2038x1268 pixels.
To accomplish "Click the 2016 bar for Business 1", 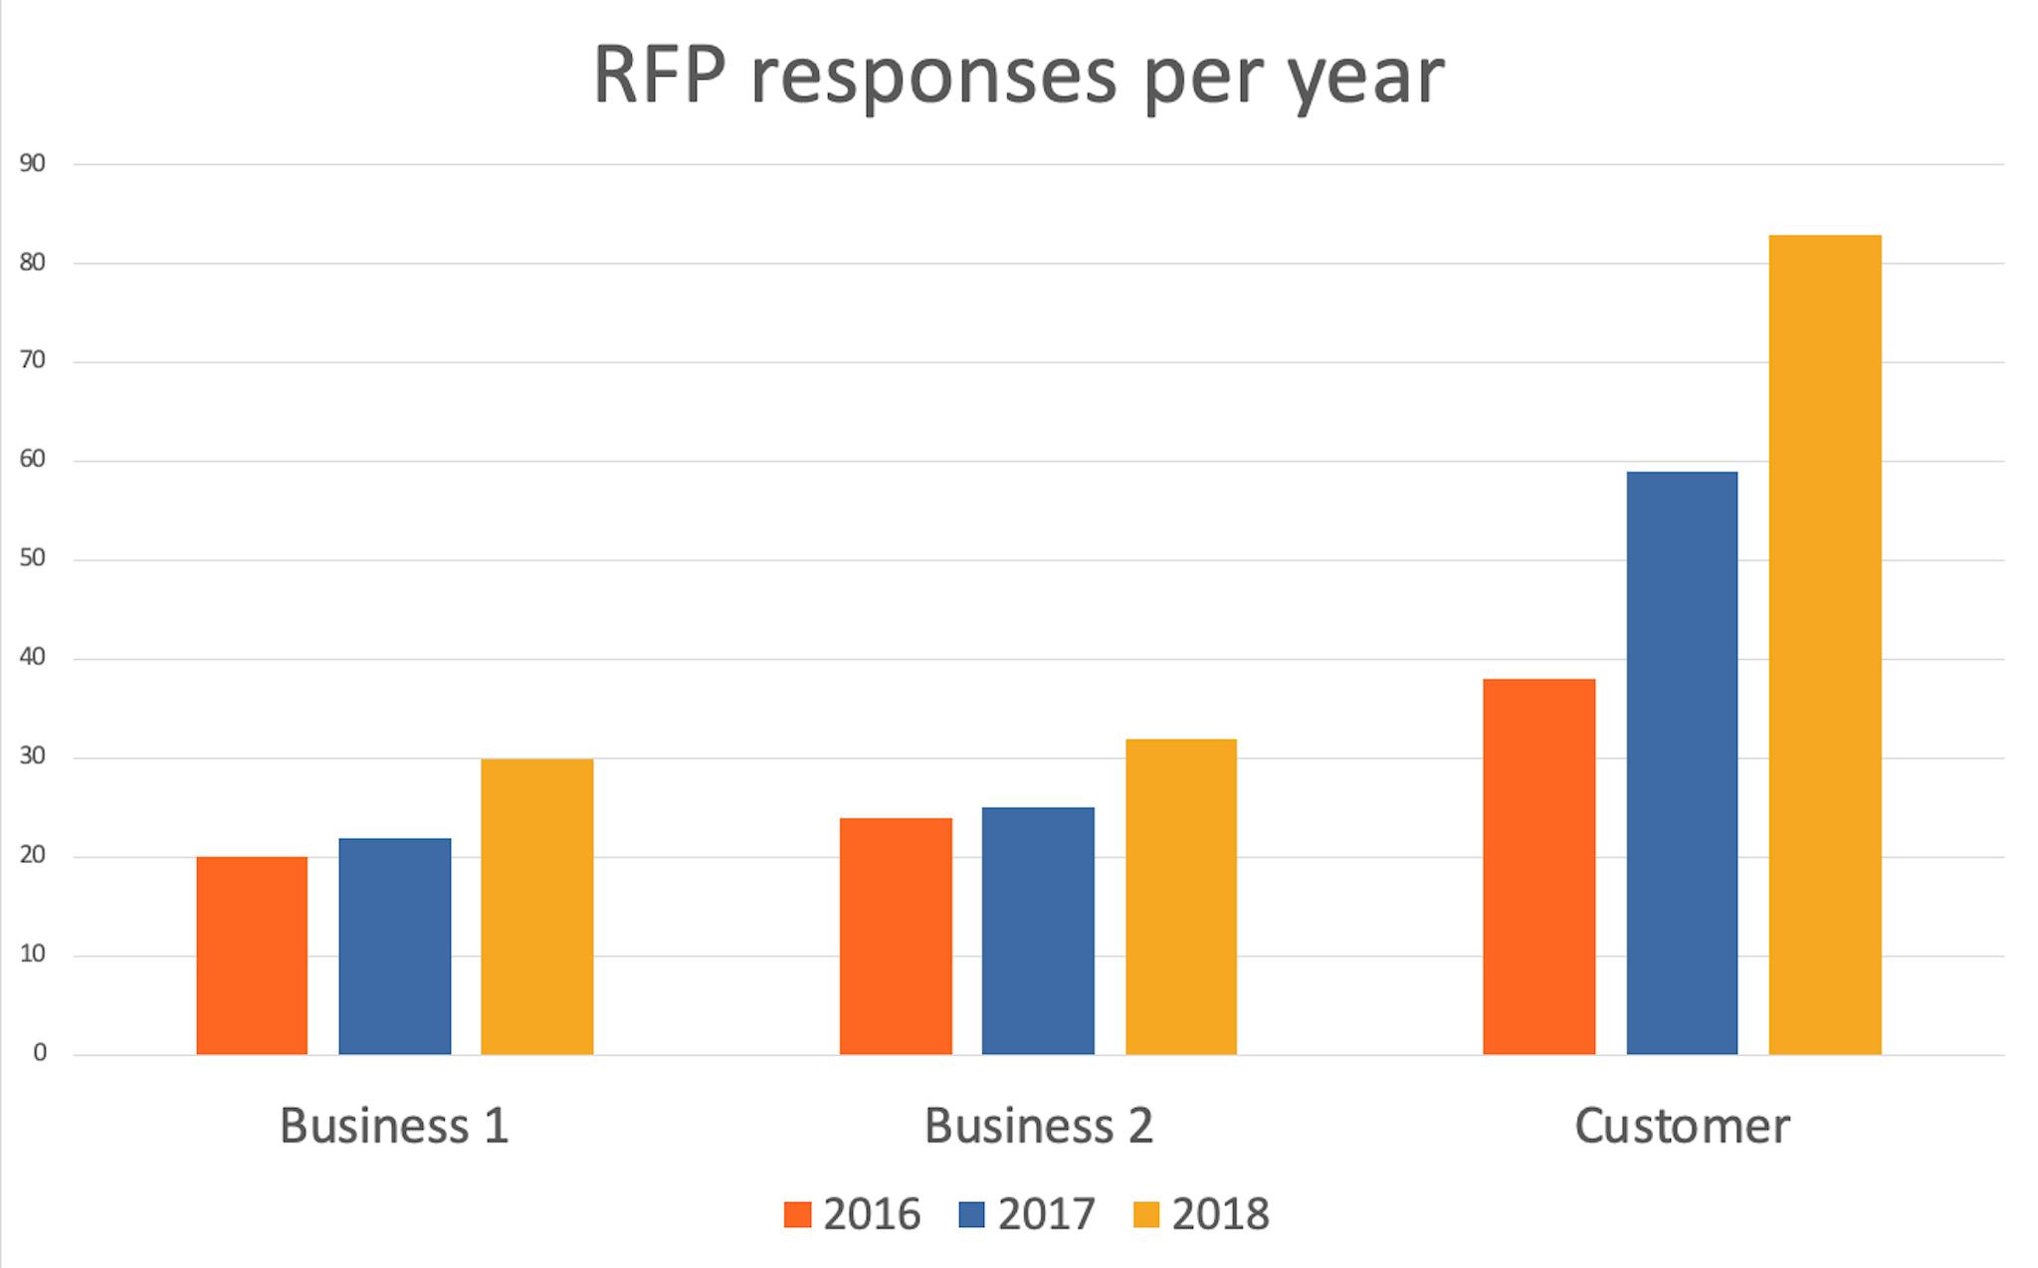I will point(252,955).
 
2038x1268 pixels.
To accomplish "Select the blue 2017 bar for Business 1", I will point(394,946).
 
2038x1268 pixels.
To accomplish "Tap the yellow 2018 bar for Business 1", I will point(536,906).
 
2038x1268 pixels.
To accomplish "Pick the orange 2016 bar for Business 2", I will point(896,936).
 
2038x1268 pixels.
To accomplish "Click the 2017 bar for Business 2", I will point(1038,931).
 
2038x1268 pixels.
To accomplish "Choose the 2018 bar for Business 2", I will point(1181,896).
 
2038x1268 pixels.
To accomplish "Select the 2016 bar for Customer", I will point(1538,866).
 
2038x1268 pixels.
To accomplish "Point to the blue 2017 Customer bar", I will point(1682,762).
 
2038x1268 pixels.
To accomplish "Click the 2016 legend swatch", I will point(797,1215).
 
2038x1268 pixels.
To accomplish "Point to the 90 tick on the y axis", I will point(32,163).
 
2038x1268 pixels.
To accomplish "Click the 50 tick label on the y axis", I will point(32,558).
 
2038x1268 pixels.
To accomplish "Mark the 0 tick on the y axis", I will point(39,1053).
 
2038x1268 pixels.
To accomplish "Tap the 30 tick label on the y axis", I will point(32,756).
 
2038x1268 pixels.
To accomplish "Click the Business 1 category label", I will point(394,1126).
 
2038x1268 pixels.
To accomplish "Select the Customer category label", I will point(1682,1126).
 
